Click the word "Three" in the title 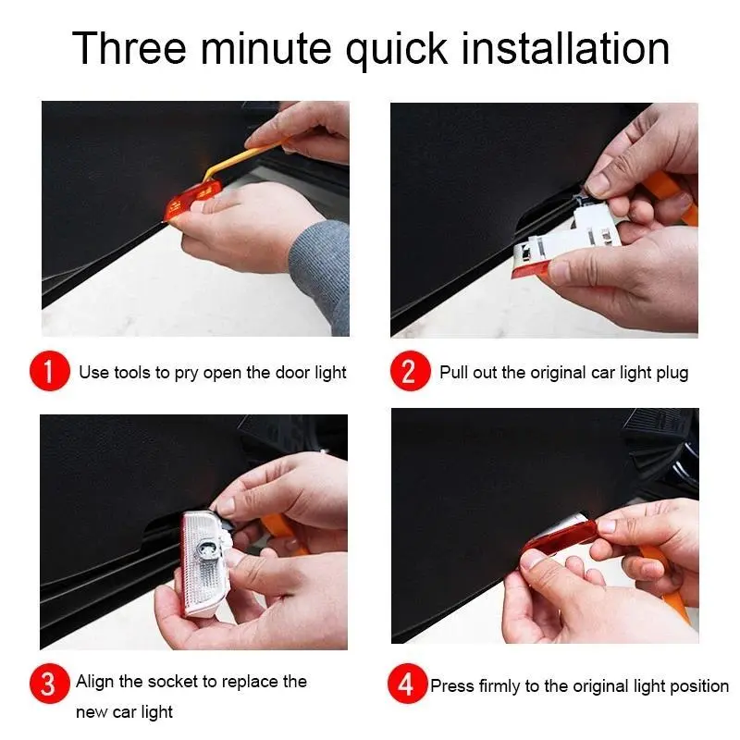129,48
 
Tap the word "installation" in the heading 565,48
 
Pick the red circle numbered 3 49,684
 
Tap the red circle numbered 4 407,684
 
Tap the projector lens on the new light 206,549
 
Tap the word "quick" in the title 397,50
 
